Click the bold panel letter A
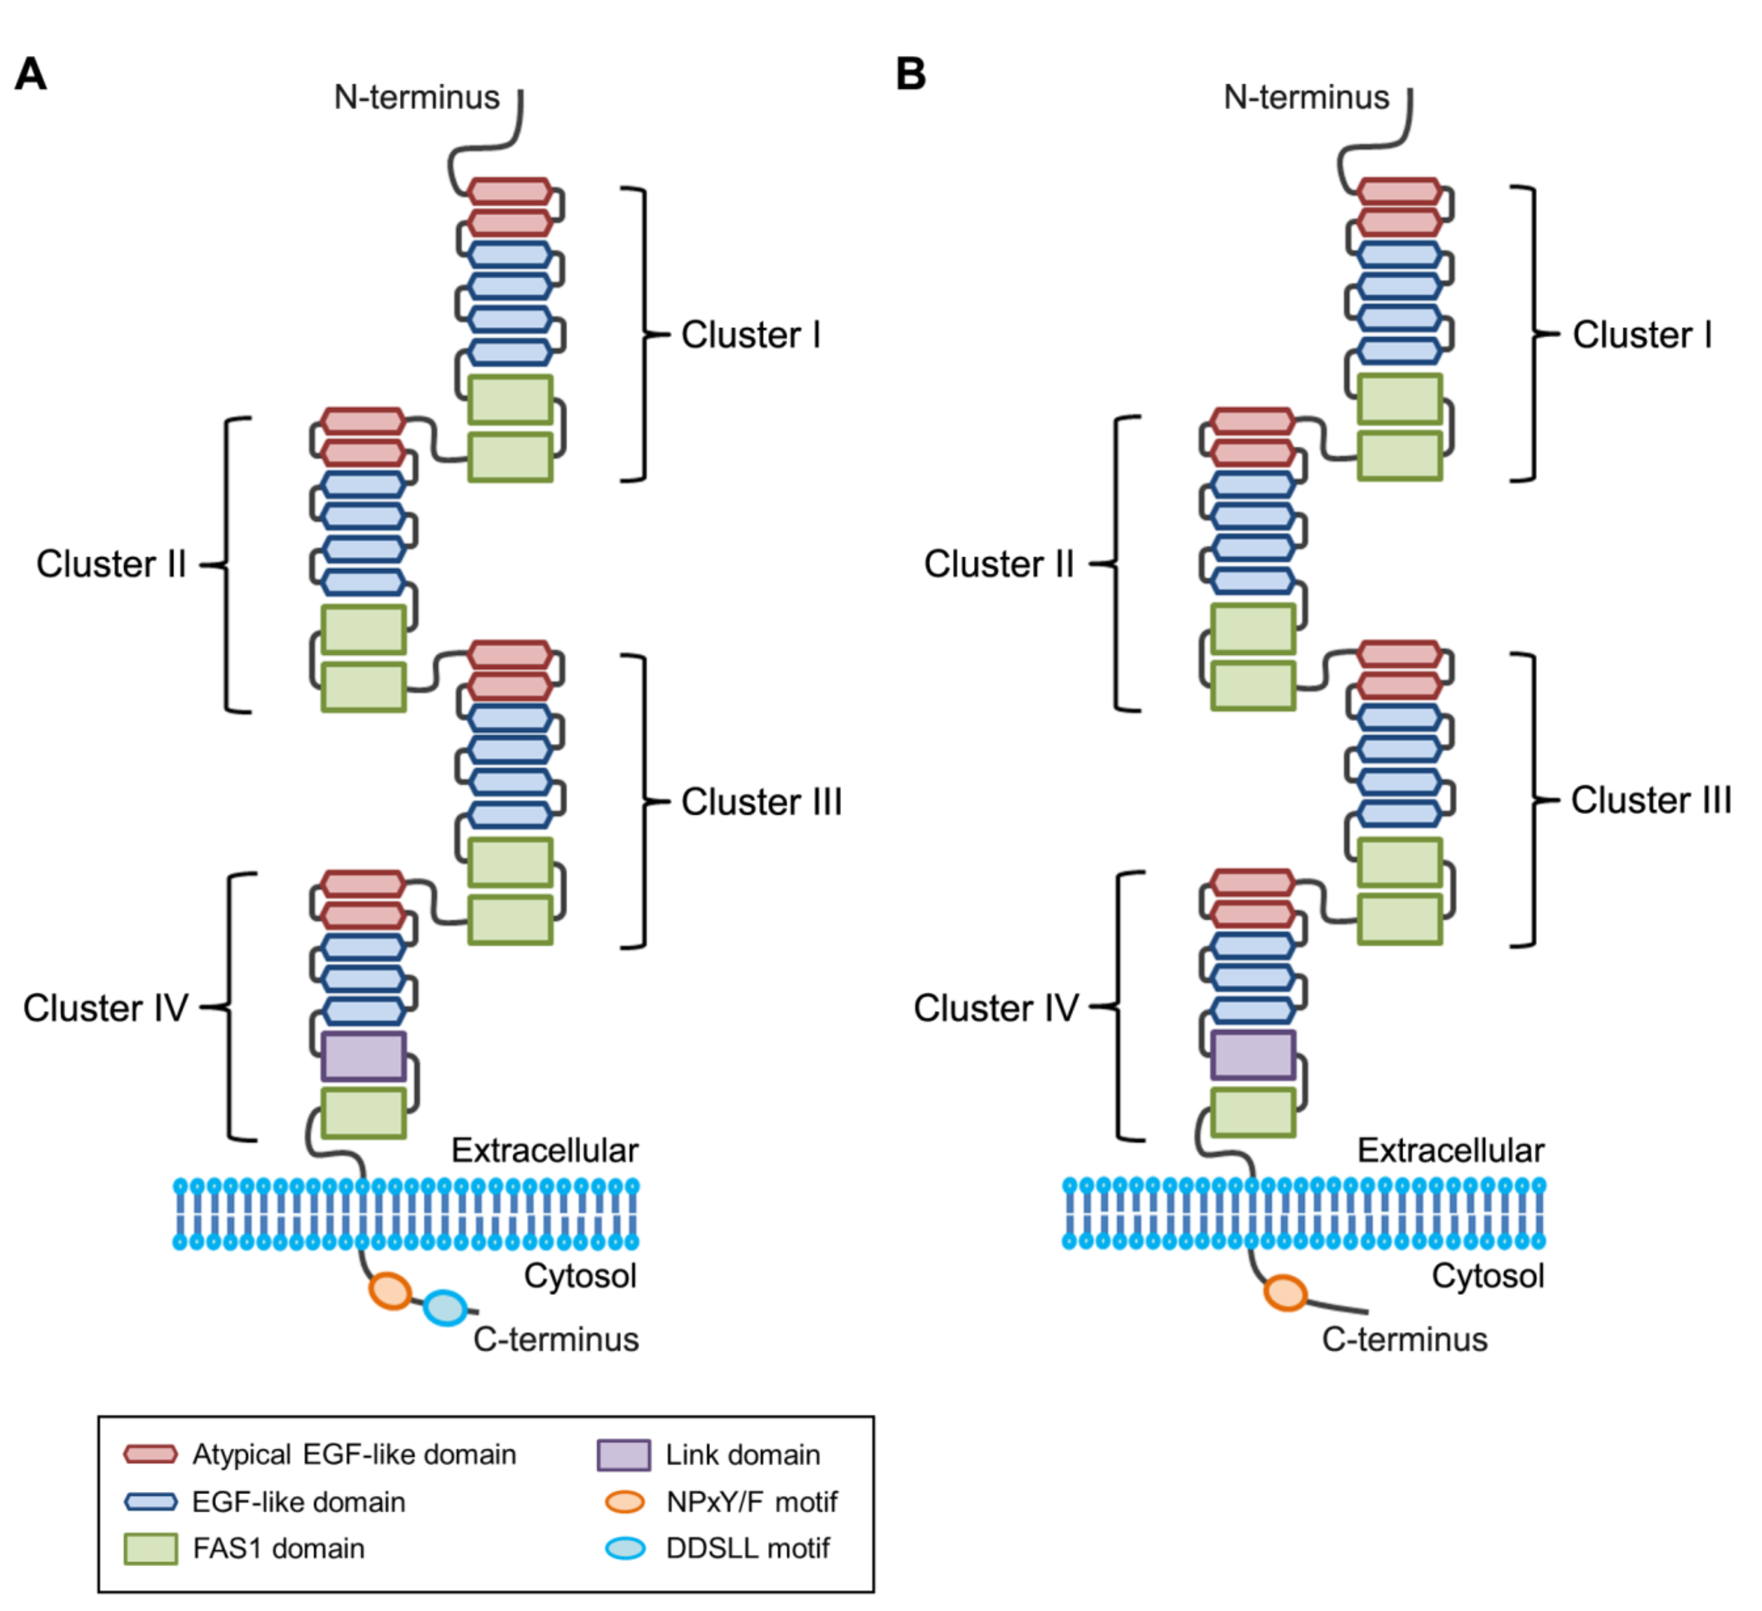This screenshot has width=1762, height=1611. tap(31, 74)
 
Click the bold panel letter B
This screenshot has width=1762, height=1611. tap(911, 74)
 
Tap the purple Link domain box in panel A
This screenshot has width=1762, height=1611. tap(364, 1056)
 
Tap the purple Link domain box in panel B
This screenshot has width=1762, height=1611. tap(1252, 1054)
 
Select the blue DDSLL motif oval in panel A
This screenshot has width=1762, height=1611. tap(445, 1308)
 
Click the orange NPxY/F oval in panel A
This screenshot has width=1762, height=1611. tap(390, 1290)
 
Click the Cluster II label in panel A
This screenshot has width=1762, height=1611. tap(111, 564)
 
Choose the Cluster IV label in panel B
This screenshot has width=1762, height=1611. tap(996, 1007)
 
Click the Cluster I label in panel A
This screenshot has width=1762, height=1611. tap(751, 335)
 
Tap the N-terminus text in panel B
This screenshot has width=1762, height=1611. tap(1306, 97)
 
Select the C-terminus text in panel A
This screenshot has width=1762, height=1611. tap(556, 1339)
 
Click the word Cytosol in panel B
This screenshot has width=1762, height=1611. tap(1488, 1276)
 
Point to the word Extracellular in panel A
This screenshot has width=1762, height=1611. tap(545, 1151)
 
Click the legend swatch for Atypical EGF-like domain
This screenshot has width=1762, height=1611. tap(150, 1454)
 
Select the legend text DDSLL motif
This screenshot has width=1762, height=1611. tap(747, 1548)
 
